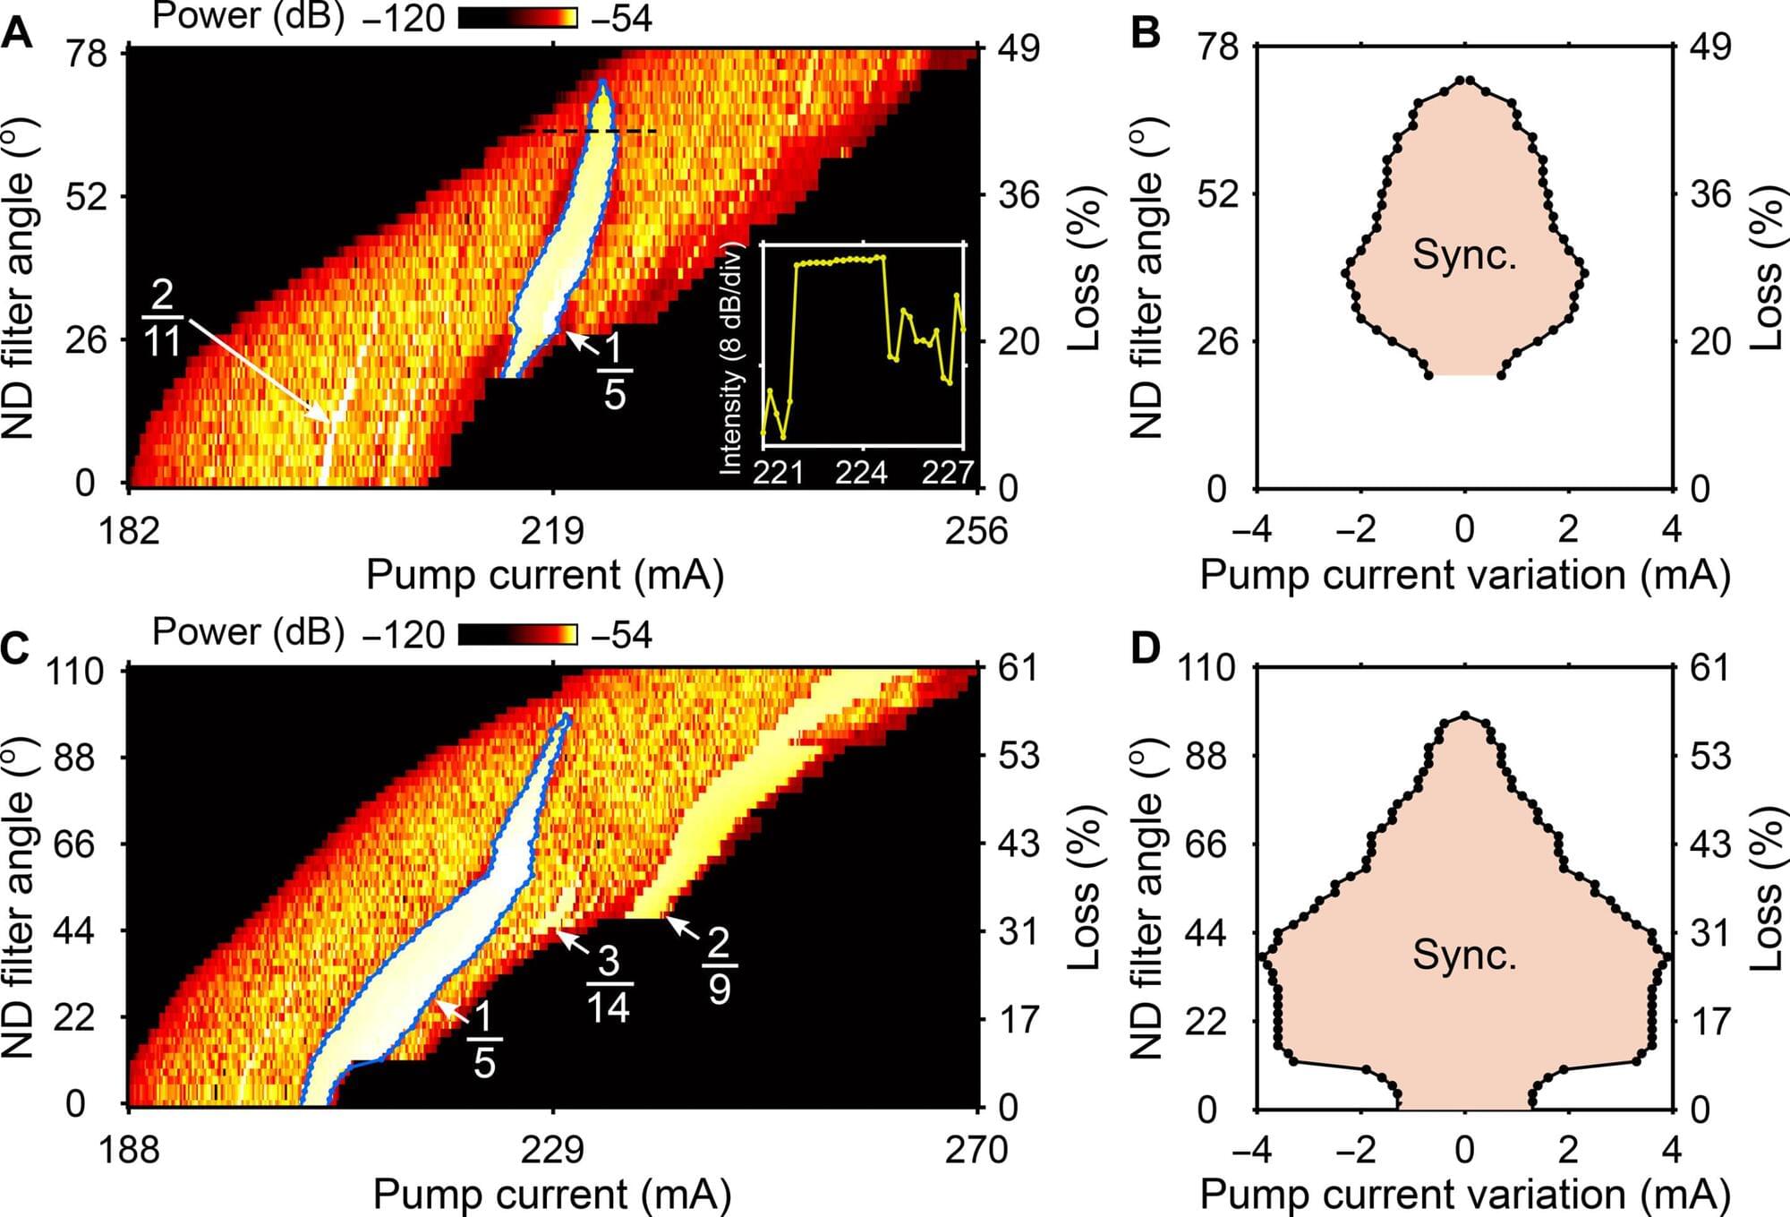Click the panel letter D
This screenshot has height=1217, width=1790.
[x=1146, y=647]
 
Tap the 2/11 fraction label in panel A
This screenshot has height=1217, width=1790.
[x=163, y=318]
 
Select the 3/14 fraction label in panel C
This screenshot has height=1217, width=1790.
[x=609, y=983]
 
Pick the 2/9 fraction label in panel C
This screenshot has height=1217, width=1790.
[x=720, y=964]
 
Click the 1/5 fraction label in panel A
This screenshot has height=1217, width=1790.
[x=614, y=371]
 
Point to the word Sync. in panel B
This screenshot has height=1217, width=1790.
[x=1464, y=255]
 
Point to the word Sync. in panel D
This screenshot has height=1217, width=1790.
[x=1464, y=955]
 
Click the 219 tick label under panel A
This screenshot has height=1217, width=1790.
[x=553, y=530]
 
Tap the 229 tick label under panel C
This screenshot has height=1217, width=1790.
[x=553, y=1149]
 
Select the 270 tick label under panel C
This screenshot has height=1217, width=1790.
[x=976, y=1149]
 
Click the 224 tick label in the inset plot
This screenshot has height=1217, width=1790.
[x=861, y=471]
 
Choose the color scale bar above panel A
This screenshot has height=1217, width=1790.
[x=518, y=18]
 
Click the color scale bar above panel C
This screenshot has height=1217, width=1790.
[x=518, y=635]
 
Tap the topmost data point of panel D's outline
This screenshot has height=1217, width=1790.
[x=1465, y=716]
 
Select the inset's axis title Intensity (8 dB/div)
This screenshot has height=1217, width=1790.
[x=731, y=358]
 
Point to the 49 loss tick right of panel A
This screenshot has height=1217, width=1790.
[x=1019, y=47]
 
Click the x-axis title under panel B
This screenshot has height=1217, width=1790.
[x=1464, y=574]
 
